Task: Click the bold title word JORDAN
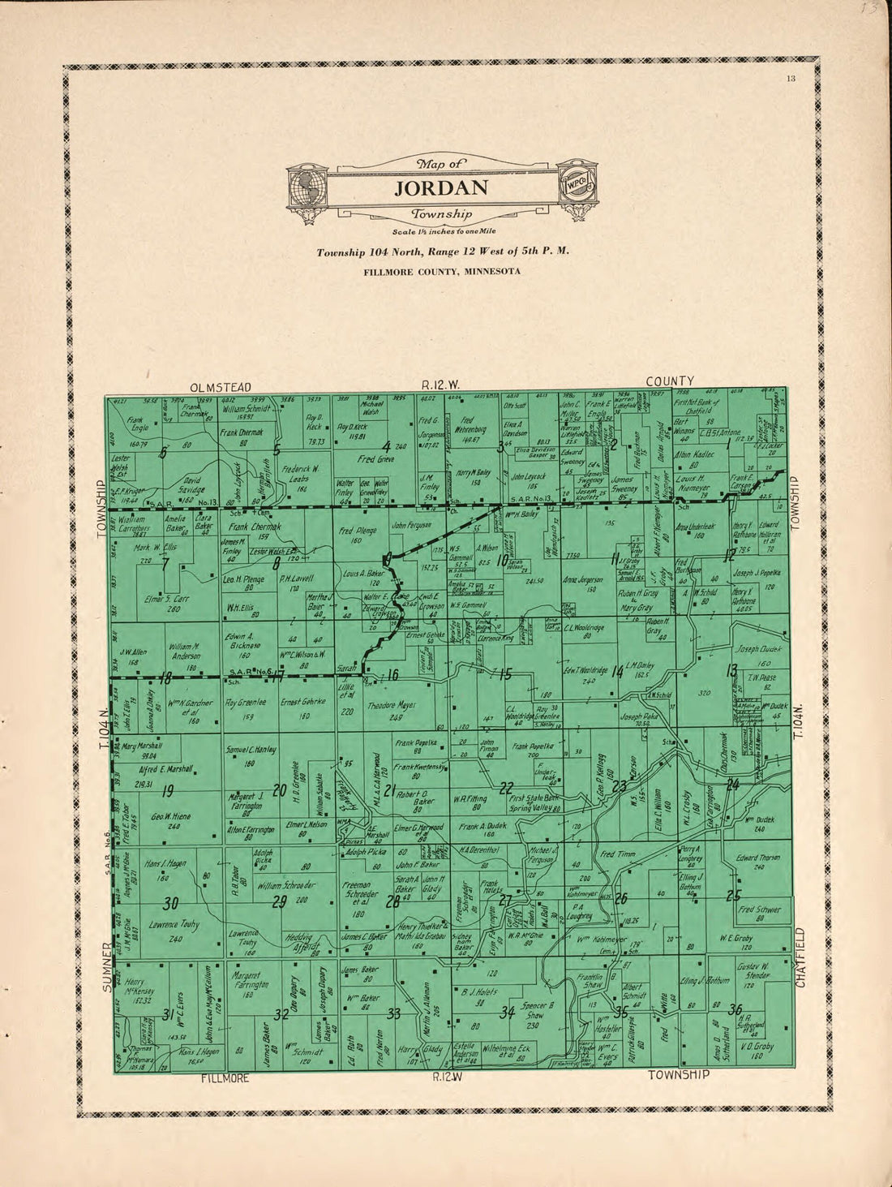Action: point(441,188)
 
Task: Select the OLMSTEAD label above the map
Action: point(221,387)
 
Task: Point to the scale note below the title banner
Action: point(441,232)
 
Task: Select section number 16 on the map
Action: point(393,675)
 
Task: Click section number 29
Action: point(281,902)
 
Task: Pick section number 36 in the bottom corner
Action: point(735,1009)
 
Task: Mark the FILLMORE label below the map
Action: point(225,1079)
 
